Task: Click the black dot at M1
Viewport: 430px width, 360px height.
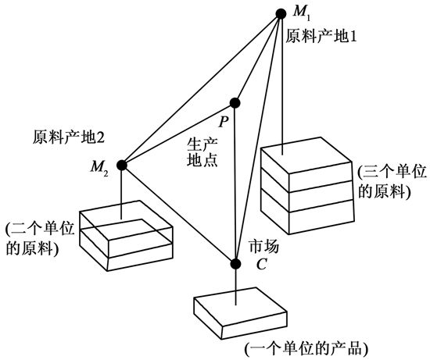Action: (x=281, y=13)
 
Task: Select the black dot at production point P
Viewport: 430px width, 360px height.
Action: (x=235, y=103)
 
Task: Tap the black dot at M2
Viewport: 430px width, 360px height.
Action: (x=122, y=165)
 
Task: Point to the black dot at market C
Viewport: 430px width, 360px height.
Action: (x=235, y=264)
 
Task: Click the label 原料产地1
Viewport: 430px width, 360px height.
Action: (x=321, y=36)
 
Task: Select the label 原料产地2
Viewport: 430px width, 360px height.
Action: (x=69, y=137)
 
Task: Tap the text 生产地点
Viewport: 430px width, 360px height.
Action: (x=202, y=152)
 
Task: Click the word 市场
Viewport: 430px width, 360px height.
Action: (x=263, y=246)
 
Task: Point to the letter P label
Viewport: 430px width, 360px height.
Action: (x=224, y=122)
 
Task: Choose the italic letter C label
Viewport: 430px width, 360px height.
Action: (x=261, y=265)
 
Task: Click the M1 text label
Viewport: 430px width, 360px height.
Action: (x=302, y=12)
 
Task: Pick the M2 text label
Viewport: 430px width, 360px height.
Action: (x=99, y=167)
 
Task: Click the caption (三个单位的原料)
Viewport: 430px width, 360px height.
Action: (x=392, y=182)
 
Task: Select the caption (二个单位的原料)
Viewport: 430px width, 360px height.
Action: (x=40, y=239)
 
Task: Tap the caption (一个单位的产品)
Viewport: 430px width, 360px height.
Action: (x=306, y=348)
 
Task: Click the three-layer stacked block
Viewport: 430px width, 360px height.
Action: (x=307, y=186)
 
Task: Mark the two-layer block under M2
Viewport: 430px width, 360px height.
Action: (x=126, y=236)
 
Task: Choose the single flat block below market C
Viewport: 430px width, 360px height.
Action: (x=240, y=313)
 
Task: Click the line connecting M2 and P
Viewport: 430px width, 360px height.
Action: (x=178, y=134)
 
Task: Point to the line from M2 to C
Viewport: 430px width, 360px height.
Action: (x=178, y=214)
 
